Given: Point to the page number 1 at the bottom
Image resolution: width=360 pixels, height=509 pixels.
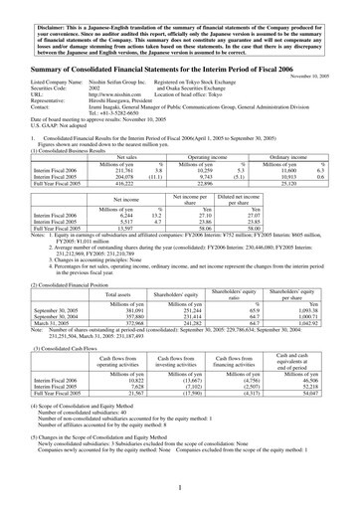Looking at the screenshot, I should point(180,488).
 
